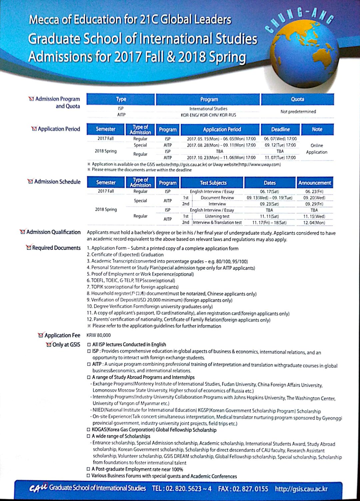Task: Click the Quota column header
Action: pyautogui.click(x=297, y=99)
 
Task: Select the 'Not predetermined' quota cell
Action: pyautogui.click(x=298, y=112)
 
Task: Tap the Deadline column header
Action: pyautogui.click(x=280, y=129)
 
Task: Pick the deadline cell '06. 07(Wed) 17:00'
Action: pyautogui.click(x=280, y=139)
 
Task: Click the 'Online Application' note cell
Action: pyautogui.click(x=317, y=149)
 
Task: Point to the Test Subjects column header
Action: pyautogui.click(x=213, y=183)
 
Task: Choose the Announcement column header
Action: pyautogui.click(x=315, y=183)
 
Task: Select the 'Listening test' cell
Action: pyautogui.click(x=217, y=216)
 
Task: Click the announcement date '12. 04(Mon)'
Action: pyautogui.click(x=314, y=223)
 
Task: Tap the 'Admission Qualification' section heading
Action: pyautogui.click(x=53, y=232)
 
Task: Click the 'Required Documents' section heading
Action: pyautogui.click(x=56, y=248)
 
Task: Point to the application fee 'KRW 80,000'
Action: pyautogui.click(x=99, y=335)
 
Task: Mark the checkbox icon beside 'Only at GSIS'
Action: pyautogui.click(x=49, y=344)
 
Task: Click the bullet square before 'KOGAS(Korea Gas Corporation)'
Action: pyautogui.click(x=89, y=430)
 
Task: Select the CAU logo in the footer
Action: pyautogui.click(x=38, y=488)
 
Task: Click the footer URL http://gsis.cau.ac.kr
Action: pyautogui.click(x=301, y=489)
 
